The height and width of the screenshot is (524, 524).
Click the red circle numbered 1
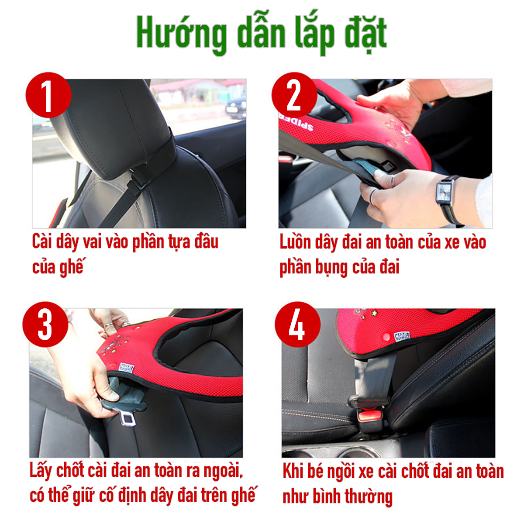(x=48, y=95)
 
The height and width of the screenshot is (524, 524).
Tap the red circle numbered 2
(x=294, y=95)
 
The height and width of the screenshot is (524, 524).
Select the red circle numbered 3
(x=45, y=324)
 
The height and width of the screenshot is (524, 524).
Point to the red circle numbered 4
(x=298, y=324)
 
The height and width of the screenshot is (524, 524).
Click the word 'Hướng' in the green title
(x=182, y=34)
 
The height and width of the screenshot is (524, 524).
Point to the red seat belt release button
(x=371, y=416)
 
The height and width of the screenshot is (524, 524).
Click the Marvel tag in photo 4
(x=402, y=337)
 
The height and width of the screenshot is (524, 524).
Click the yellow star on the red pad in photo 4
(x=375, y=313)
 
